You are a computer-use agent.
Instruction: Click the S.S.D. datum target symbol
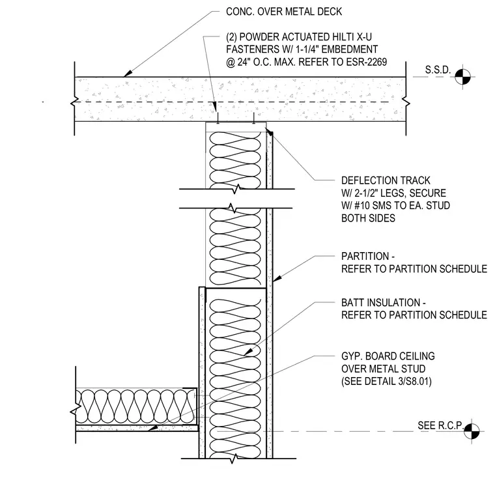(x=462, y=76)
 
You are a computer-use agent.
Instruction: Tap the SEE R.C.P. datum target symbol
(x=472, y=431)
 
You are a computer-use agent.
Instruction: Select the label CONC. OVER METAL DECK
(x=284, y=12)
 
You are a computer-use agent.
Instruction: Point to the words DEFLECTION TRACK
(x=386, y=180)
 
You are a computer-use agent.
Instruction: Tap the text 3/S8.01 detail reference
(x=414, y=381)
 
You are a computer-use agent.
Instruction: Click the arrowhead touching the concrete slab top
(x=126, y=74)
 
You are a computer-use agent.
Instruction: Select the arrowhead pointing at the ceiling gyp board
(x=153, y=428)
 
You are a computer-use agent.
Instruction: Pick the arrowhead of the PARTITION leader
(x=277, y=278)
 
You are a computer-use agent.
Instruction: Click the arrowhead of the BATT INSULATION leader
(x=248, y=352)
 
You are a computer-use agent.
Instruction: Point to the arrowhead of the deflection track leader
(x=269, y=132)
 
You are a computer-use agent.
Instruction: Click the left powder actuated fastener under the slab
(x=218, y=117)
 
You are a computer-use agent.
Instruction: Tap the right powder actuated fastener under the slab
(x=254, y=117)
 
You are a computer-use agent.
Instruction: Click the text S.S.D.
(x=438, y=70)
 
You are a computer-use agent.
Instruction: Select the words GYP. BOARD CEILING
(x=388, y=356)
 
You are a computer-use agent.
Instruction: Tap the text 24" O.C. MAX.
(x=266, y=62)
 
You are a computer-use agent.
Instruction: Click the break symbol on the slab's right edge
(x=406, y=102)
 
